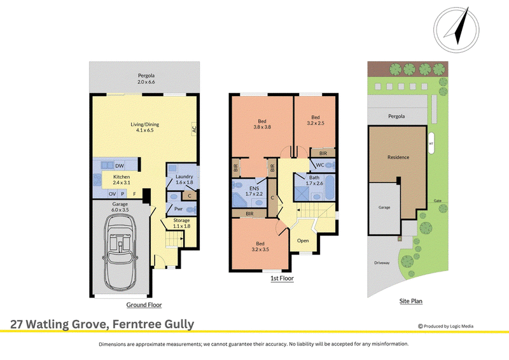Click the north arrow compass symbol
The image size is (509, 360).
point(456,29)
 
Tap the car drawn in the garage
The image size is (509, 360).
point(120,252)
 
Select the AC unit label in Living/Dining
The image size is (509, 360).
point(194,129)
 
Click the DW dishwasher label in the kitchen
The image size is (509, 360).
point(120,166)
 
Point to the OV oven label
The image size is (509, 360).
point(113,194)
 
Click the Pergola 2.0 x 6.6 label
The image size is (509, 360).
point(146,79)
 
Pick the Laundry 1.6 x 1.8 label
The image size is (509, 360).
point(185,179)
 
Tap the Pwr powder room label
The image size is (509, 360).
point(179,209)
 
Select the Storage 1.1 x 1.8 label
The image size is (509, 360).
point(181,223)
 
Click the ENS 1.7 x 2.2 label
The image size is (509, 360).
point(254,191)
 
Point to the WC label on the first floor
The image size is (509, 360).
point(320,165)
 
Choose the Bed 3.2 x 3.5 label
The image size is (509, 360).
point(260,246)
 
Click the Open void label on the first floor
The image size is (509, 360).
point(303,240)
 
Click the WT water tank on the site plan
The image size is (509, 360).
point(431,143)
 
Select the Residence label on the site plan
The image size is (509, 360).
point(398,157)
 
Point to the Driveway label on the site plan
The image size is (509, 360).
point(382,263)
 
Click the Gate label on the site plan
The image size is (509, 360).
point(438,200)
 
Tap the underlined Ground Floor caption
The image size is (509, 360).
point(144,305)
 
